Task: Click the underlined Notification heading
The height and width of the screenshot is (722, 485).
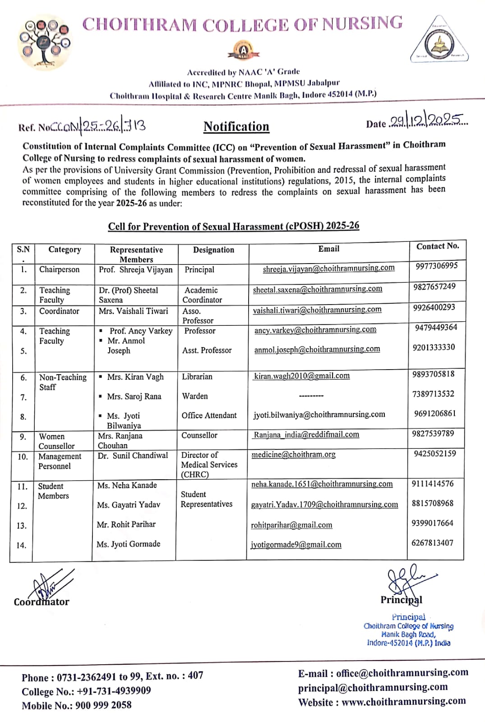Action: (x=236, y=127)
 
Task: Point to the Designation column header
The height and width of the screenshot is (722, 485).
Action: (x=213, y=250)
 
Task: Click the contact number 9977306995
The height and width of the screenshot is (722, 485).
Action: (x=436, y=266)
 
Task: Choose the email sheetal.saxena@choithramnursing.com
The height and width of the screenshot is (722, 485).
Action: (x=317, y=289)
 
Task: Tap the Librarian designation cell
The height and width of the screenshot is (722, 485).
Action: (x=197, y=376)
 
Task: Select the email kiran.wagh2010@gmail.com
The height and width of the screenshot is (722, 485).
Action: (x=302, y=376)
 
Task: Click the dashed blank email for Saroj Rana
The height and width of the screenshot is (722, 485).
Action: (x=311, y=396)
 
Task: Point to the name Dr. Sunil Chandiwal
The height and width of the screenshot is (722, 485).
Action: (x=133, y=456)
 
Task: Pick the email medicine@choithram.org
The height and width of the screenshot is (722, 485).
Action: (x=293, y=455)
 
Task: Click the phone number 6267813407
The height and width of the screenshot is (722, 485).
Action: (x=432, y=543)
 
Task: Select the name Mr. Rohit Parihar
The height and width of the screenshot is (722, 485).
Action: (x=126, y=524)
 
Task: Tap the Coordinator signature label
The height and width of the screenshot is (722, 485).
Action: (x=42, y=602)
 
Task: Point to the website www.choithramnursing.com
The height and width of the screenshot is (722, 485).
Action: (x=403, y=702)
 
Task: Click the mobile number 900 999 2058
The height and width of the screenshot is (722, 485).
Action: (x=103, y=705)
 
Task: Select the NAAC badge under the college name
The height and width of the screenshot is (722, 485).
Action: (x=243, y=51)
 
